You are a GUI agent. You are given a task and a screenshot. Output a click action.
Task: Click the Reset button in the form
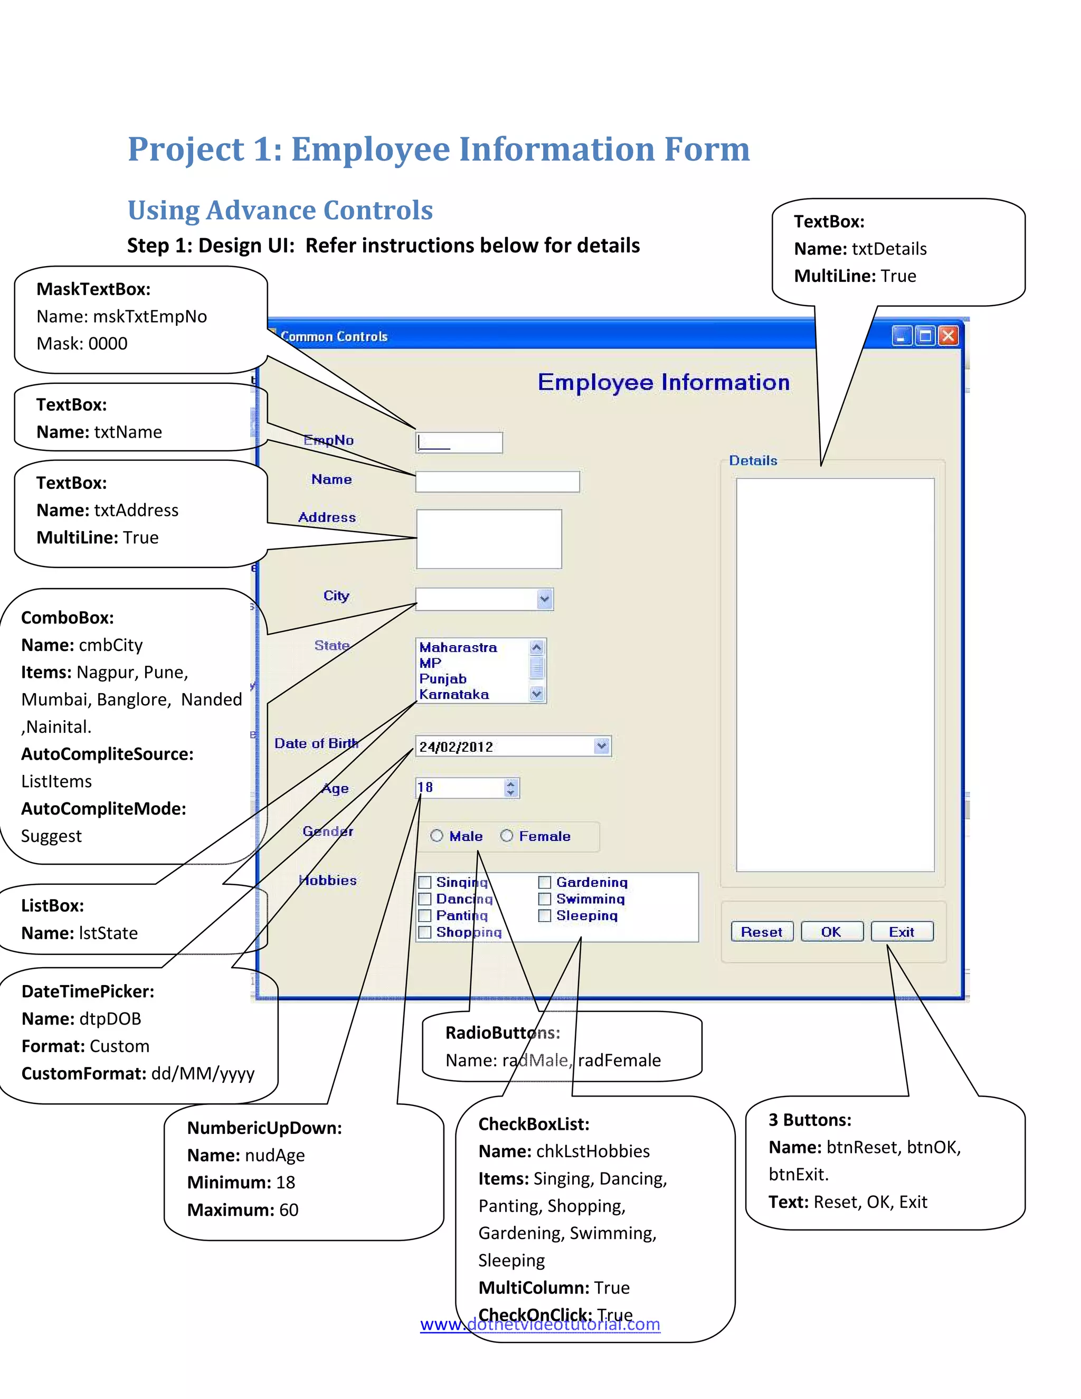[x=762, y=931]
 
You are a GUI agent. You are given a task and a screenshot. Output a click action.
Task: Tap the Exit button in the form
[x=902, y=931]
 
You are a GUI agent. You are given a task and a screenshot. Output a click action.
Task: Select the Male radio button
[x=437, y=835]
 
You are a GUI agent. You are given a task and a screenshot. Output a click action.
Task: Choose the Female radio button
[x=507, y=835]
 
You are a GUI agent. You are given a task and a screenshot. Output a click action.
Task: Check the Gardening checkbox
[x=545, y=882]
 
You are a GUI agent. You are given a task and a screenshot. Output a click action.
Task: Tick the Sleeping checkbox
[x=545, y=915]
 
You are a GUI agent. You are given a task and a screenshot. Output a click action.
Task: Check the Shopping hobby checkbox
[x=424, y=932]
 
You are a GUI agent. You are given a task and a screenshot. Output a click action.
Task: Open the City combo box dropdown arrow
[x=544, y=599]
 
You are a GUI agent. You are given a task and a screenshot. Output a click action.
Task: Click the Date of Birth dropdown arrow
[x=601, y=745]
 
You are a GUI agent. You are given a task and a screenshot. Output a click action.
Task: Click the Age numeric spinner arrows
[x=510, y=788]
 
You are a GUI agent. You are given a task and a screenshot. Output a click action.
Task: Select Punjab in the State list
[x=443, y=678]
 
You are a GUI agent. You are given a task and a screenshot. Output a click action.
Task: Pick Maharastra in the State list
[x=458, y=648]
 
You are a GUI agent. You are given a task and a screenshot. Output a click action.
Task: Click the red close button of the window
[x=949, y=336]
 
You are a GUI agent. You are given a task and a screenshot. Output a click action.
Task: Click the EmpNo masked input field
[x=459, y=442]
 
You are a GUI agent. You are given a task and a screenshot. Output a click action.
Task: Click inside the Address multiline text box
[x=489, y=538]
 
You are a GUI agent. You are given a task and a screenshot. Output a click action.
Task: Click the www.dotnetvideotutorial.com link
[x=540, y=1324]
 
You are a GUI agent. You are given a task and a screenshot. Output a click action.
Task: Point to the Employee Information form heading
[x=663, y=382]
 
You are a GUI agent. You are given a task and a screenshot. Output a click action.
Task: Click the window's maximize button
[x=925, y=336]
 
